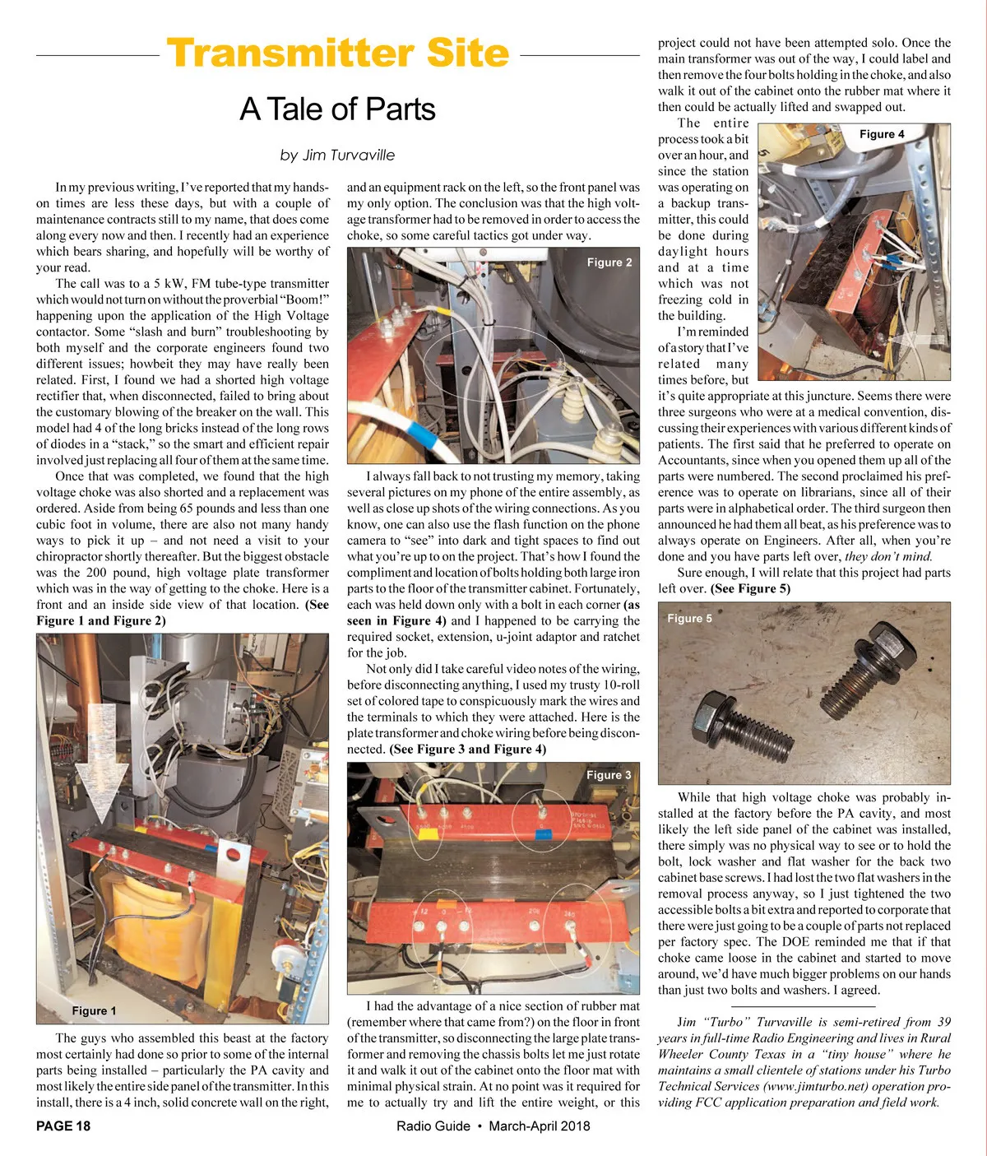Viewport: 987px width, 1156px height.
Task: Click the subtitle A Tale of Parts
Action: coord(337,109)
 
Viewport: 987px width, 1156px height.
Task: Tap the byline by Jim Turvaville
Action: coord(337,155)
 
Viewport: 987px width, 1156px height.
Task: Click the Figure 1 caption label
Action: coord(94,1010)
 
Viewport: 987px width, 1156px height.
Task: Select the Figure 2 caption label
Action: coord(609,262)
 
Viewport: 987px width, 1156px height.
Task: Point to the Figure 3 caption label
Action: coord(609,775)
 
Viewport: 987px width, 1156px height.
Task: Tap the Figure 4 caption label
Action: coord(882,134)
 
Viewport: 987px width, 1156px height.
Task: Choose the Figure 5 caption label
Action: coord(690,619)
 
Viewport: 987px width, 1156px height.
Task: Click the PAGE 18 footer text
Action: coord(63,1126)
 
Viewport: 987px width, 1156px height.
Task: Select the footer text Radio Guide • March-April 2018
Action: coord(493,1126)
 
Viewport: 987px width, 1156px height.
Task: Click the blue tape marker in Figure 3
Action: coord(543,833)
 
